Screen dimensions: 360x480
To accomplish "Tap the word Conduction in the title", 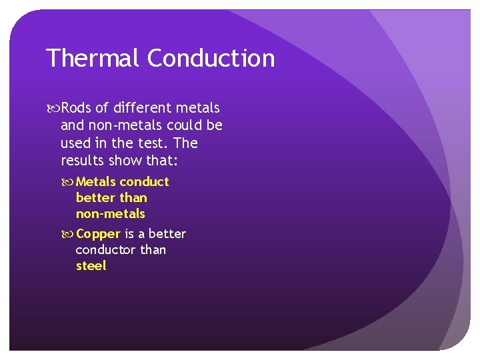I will pos(211,59).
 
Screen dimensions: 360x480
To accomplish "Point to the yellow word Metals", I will pos(96,182).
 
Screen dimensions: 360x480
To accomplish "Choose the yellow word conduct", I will pos(145,182).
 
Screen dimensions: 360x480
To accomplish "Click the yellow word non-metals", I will pos(110,214).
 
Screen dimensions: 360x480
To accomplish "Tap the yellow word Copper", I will pos(98,234).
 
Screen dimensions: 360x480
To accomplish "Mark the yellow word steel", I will pos(91,266).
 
